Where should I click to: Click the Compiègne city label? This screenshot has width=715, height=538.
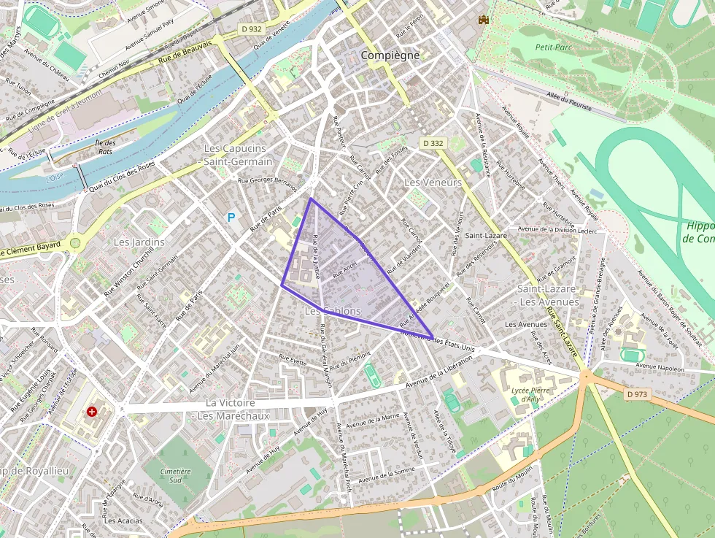pos(390,55)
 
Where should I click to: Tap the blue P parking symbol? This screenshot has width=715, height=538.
pos(232,217)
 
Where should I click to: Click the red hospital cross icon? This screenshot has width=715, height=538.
pos(92,412)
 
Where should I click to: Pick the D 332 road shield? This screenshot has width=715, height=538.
pos(433,144)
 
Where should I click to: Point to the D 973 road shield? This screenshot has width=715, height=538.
pos(637,394)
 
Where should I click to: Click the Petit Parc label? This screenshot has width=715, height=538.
pos(553,47)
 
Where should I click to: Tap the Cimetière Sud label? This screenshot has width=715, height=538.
pos(174,476)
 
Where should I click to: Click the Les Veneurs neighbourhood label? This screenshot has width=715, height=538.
pos(433,182)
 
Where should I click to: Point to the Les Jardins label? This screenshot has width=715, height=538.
pos(139,242)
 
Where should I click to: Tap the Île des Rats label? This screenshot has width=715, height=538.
pos(106,147)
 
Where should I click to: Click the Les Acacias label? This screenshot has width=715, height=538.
pos(123,520)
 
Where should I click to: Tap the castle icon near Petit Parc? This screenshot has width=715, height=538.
pos(482,20)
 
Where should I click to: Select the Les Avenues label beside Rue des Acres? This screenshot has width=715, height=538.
pos(526,324)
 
